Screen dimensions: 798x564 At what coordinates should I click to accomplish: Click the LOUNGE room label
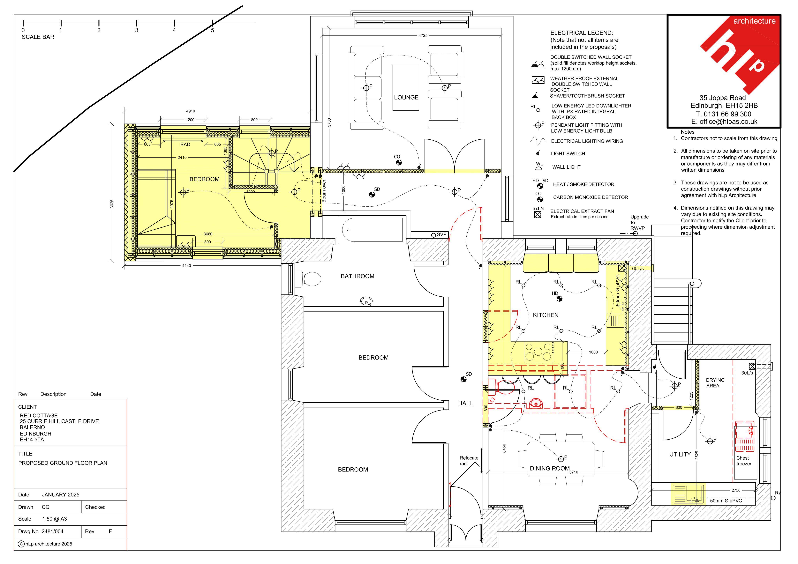pos(406,98)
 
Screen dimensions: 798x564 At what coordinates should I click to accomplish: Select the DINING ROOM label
pos(549,468)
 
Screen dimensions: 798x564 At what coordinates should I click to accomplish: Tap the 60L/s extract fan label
pos(638,269)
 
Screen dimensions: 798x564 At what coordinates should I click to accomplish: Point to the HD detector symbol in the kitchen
pos(559,299)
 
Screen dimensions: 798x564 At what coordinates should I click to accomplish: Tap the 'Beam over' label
pos(324,191)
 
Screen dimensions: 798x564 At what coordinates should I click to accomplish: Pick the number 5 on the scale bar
pos(212,30)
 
